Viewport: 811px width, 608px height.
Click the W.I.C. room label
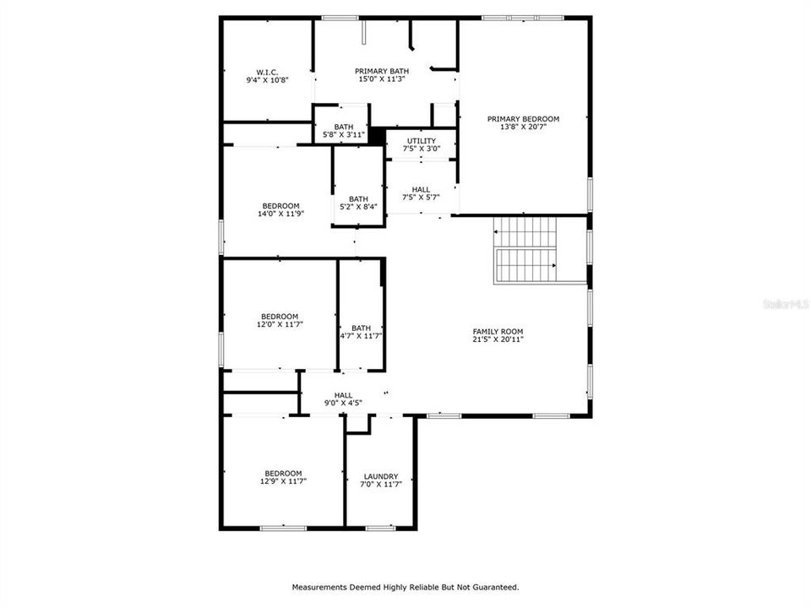267,72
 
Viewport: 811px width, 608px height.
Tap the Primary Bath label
380,71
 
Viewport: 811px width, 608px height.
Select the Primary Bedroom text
523,119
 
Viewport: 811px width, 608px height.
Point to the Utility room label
422,141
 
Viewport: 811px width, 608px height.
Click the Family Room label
498,332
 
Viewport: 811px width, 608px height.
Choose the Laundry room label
381,476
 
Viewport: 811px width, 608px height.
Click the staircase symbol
526,250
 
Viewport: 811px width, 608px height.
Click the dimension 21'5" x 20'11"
498,339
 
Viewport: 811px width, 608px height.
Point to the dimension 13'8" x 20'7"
523,127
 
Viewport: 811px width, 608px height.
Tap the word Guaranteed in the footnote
494,586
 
